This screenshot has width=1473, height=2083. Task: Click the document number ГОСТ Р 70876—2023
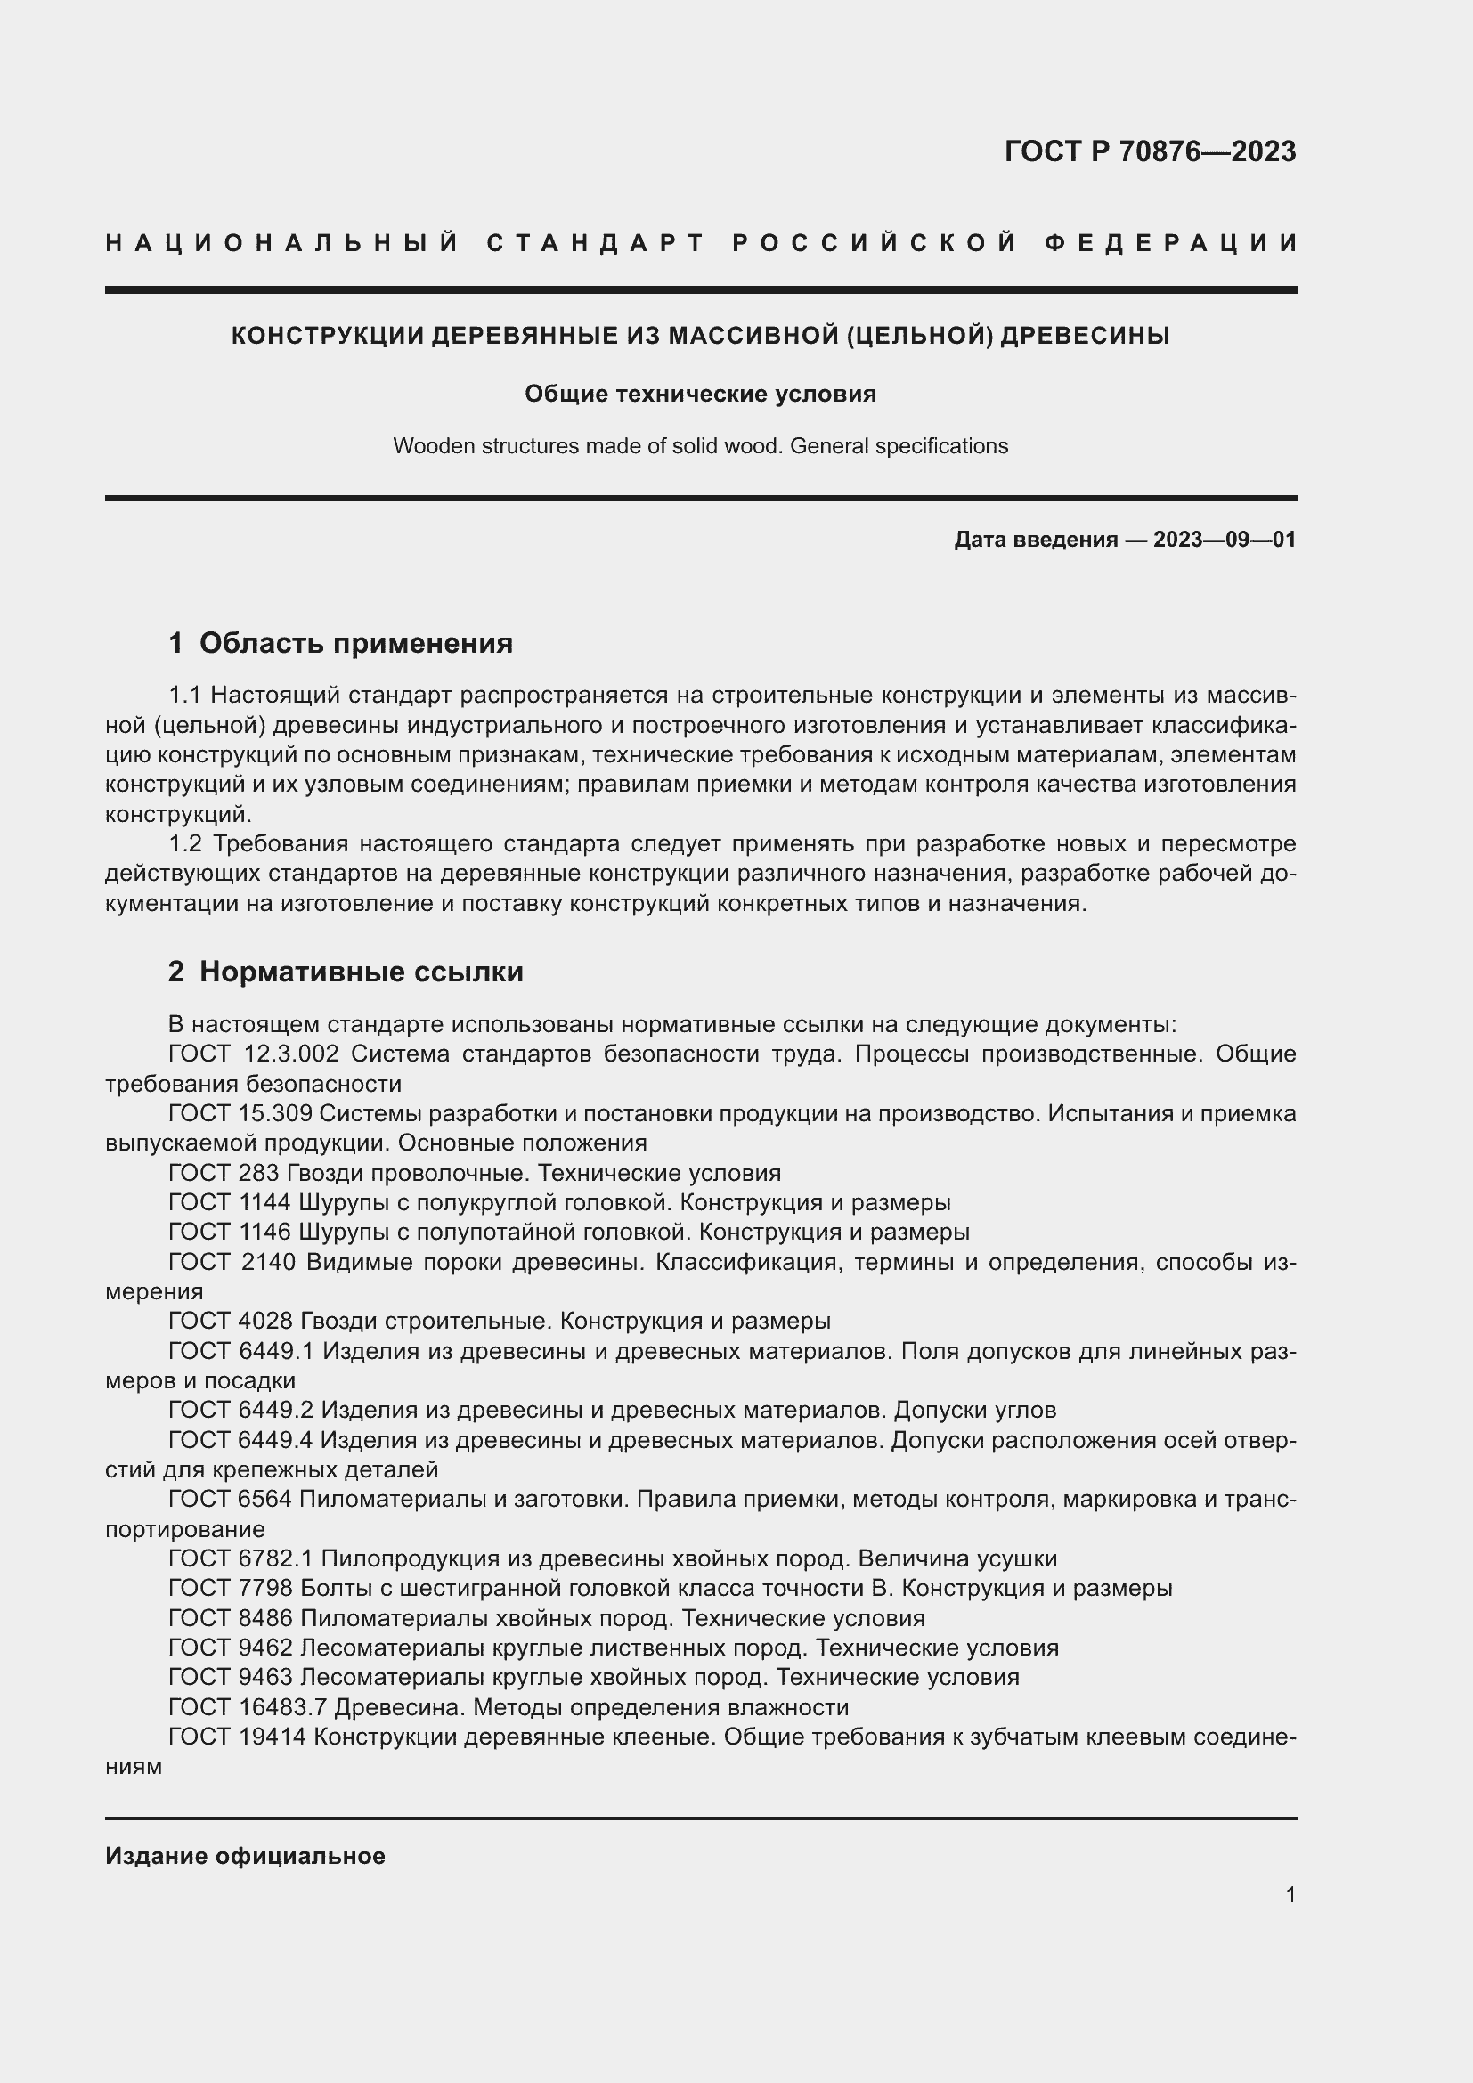point(1149,151)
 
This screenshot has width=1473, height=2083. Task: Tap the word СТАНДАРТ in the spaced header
point(596,243)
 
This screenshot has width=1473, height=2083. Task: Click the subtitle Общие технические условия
point(700,394)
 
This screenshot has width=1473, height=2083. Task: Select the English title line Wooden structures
point(700,446)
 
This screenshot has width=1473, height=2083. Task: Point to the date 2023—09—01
point(1224,540)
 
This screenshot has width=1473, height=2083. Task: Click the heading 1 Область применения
point(340,643)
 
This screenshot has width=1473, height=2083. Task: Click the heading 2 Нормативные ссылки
point(346,972)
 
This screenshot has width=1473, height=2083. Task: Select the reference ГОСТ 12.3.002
point(253,1054)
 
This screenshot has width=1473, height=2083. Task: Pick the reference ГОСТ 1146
point(230,1232)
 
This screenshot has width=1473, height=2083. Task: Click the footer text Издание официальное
point(245,1856)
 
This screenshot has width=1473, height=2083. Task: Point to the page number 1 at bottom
point(1290,1895)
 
